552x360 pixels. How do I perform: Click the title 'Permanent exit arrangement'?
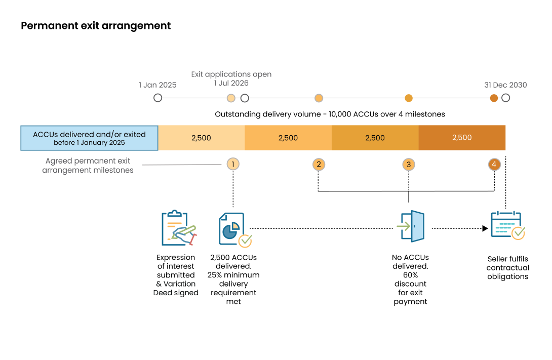tap(96, 26)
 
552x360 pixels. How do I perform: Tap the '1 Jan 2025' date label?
tap(157, 85)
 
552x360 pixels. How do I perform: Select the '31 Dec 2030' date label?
tap(505, 85)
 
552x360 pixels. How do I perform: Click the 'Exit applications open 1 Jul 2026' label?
tap(231, 78)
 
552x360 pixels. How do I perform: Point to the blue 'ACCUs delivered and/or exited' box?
tap(89, 138)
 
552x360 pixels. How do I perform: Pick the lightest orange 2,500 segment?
tap(202, 138)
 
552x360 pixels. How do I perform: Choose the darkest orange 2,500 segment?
tap(462, 138)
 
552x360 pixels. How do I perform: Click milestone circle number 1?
tap(232, 164)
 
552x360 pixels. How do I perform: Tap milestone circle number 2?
tap(319, 164)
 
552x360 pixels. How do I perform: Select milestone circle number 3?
tap(409, 165)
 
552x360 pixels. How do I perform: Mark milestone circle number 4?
tap(494, 164)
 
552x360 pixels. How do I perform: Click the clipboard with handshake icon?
tap(178, 228)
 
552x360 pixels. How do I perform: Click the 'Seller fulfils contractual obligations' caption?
tap(507, 268)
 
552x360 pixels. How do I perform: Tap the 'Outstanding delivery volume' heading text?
tap(330, 114)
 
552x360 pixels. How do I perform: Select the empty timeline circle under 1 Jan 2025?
tap(157, 98)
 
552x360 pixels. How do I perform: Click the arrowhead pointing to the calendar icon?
tap(485, 228)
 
